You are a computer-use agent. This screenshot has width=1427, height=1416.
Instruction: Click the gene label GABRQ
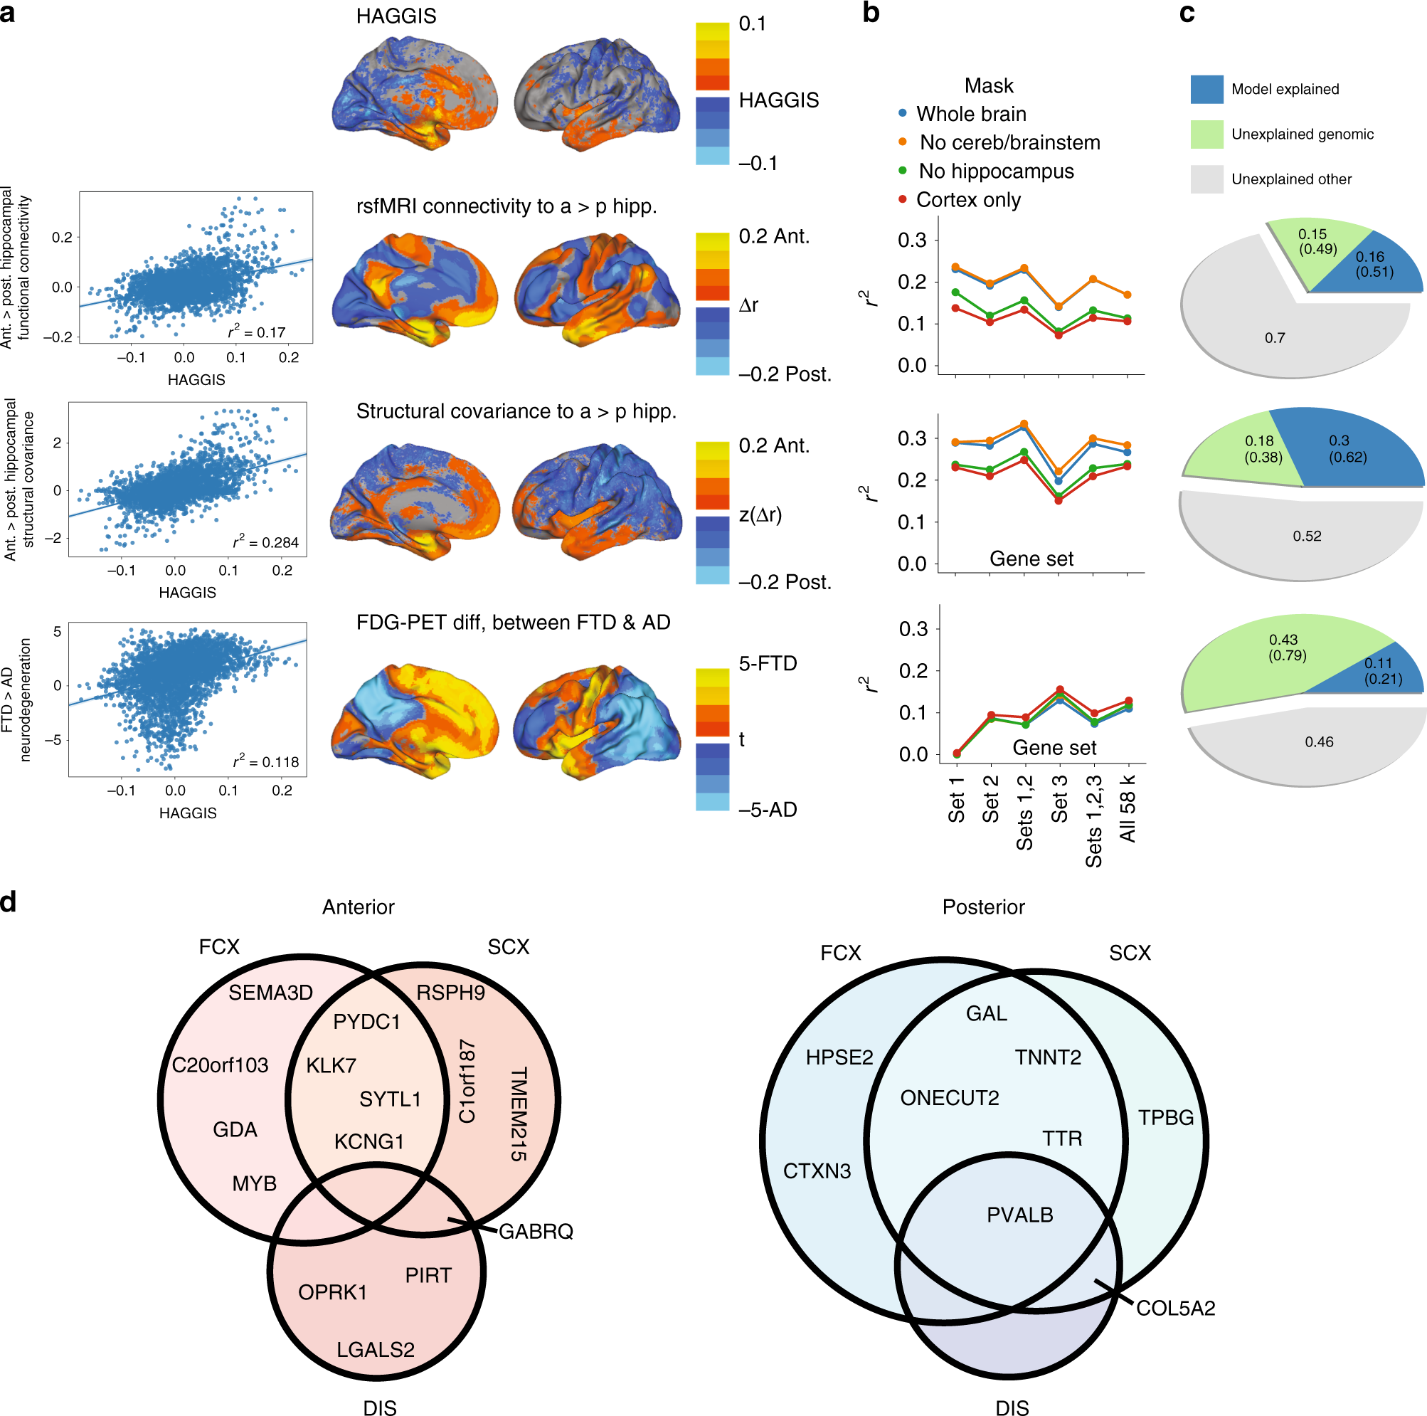click(536, 1231)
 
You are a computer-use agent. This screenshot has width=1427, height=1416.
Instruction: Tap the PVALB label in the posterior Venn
click(1019, 1215)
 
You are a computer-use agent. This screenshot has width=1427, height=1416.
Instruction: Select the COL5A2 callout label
click(1175, 1308)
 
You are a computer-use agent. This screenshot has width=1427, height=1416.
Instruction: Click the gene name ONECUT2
click(949, 1098)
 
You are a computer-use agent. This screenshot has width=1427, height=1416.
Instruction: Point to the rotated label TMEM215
click(519, 1114)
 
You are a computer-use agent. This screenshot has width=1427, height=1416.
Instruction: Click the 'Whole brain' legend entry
click(970, 114)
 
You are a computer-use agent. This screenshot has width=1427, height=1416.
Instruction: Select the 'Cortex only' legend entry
click(967, 200)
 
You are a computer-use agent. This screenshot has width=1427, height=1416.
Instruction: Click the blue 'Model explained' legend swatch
click(1206, 89)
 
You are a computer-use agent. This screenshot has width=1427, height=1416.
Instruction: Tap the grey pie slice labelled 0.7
click(1274, 337)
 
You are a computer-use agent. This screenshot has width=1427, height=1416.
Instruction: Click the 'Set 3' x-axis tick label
click(1059, 798)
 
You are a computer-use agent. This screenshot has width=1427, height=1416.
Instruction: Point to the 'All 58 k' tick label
click(1127, 808)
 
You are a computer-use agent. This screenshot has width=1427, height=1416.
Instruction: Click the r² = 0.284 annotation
click(266, 542)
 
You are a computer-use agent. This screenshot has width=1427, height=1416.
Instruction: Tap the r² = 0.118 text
click(266, 761)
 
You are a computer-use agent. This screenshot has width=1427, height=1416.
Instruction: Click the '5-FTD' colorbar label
click(768, 663)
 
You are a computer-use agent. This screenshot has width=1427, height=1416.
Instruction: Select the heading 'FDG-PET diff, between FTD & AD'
click(513, 623)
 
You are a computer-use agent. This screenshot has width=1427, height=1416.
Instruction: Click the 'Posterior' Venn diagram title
click(983, 907)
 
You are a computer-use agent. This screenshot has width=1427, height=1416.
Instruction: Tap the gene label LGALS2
click(375, 1350)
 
